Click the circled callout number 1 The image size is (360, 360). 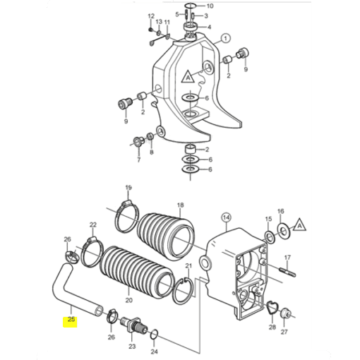pos(226,38)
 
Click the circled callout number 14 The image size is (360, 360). pos(226,218)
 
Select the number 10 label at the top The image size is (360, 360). pos(210,6)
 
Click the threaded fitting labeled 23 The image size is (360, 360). pos(134,324)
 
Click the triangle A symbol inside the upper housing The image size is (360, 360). pos(188,77)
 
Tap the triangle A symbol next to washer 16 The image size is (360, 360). pos(299,225)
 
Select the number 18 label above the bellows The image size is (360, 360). pos(180,205)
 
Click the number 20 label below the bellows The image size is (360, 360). pos(128,300)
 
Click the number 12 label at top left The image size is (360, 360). pos(151,16)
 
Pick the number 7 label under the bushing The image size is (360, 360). pos(138,160)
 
